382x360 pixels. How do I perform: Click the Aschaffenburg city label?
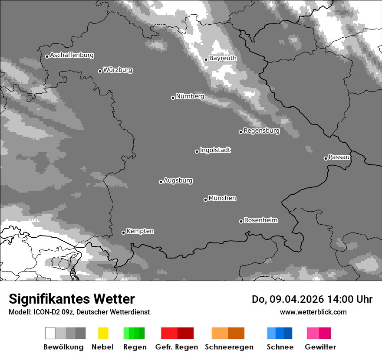coord(72,55)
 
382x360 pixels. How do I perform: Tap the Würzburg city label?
coord(118,70)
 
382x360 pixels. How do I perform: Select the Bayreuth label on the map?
coord(223,58)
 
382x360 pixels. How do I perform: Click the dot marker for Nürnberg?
coord(173,98)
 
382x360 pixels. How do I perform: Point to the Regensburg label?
coord(261,131)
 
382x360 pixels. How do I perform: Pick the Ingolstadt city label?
coord(215,150)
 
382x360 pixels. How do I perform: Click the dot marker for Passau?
coord(326,158)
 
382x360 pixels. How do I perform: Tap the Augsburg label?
coord(178,180)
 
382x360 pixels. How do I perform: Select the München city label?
coord(222,198)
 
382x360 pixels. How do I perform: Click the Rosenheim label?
coord(260,220)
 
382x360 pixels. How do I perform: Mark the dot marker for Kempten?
coord(123,232)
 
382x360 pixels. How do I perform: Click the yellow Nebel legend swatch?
coord(103,333)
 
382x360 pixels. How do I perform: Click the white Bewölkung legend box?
coord(50,333)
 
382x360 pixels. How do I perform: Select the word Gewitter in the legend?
coord(320,347)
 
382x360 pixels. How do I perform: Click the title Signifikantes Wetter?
coord(72,299)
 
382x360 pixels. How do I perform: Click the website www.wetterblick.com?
coord(313,312)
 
